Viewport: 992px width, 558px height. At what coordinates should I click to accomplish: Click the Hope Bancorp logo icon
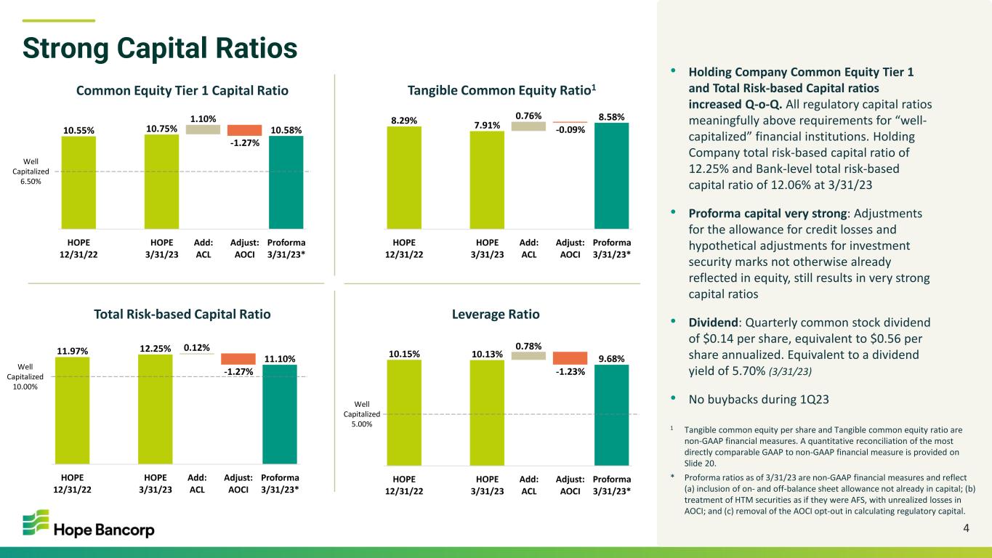(36, 522)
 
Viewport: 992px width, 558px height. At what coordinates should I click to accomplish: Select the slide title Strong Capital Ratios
(160, 48)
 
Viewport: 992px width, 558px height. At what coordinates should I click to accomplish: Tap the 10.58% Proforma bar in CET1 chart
(286, 182)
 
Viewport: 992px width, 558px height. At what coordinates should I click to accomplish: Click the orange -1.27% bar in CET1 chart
(244, 130)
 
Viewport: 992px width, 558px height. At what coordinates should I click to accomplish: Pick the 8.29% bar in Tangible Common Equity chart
(404, 177)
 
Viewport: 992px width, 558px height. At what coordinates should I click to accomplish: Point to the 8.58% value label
(612, 117)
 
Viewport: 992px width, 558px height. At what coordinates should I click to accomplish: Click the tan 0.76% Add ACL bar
(528, 126)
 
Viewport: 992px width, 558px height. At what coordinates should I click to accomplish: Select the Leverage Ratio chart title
(496, 314)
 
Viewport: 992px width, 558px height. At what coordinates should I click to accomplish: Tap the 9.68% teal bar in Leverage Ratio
(612, 415)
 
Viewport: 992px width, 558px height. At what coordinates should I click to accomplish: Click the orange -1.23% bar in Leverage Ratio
(570, 358)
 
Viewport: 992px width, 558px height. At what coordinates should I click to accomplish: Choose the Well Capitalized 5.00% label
(362, 414)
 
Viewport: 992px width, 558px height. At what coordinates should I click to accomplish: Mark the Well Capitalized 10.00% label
(25, 376)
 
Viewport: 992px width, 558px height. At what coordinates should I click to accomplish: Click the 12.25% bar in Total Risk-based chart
(155, 409)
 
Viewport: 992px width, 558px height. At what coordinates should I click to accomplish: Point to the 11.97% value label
(72, 351)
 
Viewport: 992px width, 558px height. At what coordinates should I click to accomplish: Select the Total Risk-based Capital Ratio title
(182, 314)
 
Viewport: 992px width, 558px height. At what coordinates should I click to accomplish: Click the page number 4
(966, 528)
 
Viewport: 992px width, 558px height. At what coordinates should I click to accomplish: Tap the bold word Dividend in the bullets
(712, 323)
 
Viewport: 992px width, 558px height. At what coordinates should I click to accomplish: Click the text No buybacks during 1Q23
(758, 400)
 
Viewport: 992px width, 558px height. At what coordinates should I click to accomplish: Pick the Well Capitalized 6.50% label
(31, 171)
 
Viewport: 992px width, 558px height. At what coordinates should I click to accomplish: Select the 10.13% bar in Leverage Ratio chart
(487, 413)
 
